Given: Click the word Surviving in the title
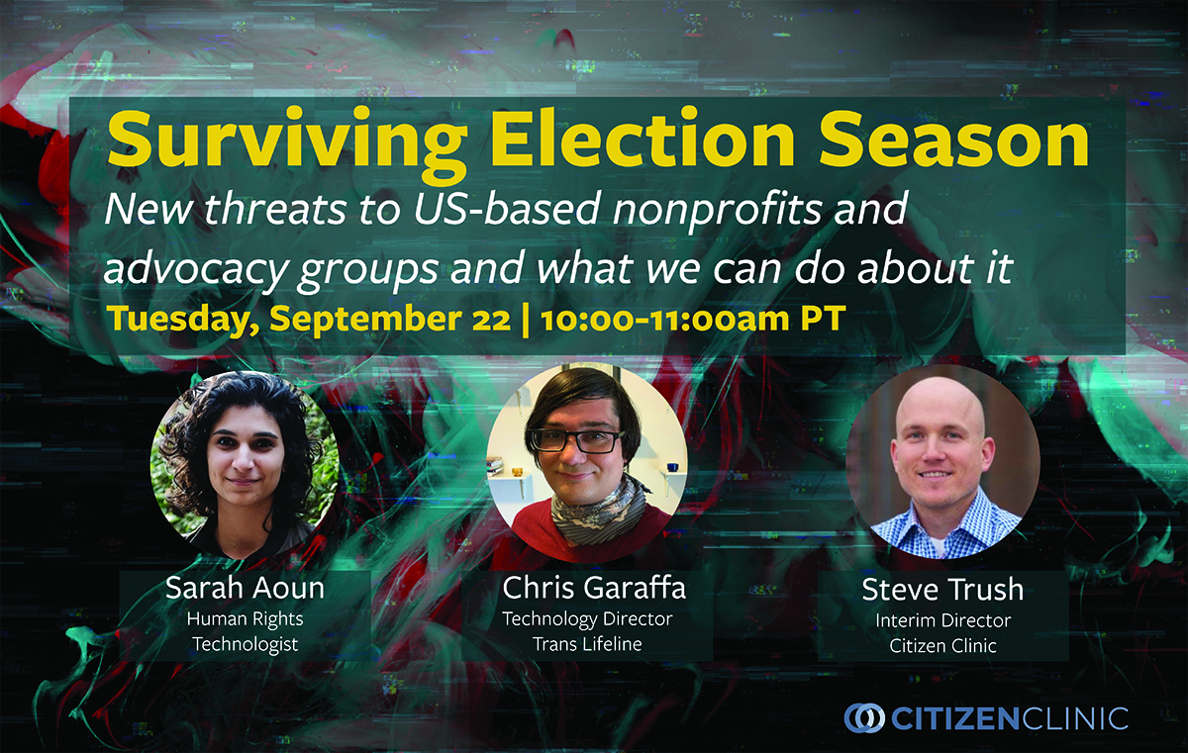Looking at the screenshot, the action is [287, 143].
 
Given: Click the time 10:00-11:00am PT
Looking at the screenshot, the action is [693, 319].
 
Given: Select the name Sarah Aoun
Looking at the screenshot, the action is [246, 588].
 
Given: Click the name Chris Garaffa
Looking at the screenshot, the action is [594, 587].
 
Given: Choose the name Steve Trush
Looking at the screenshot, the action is [942, 590].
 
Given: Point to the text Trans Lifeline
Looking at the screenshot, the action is [587, 644].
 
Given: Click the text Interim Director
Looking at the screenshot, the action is [942, 620].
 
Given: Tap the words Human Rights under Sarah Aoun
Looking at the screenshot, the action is [246, 619].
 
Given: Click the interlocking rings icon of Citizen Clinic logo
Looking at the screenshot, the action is [864, 718].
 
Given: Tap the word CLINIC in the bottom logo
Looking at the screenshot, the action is [1074, 718].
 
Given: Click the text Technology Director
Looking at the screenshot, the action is [587, 619].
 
